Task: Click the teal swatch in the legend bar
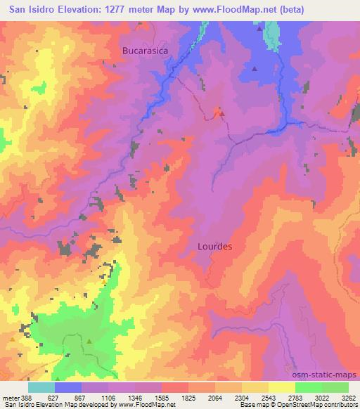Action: pyautogui.click(x=41, y=387)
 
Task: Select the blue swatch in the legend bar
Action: pyautogui.click(x=67, y=387)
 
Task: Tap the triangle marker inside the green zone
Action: pyautogui.click(x=90, y=342)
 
